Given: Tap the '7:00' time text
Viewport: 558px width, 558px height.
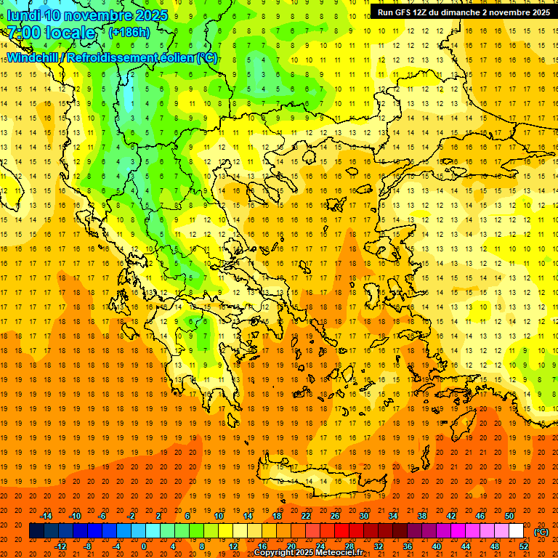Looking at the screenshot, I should tap(23, 33).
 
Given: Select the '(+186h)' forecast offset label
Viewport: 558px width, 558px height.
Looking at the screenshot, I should tap(129, 33).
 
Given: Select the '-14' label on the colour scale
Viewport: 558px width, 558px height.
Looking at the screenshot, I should tap(46, 516).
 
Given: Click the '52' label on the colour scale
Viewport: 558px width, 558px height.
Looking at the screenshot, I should tap(524, 546).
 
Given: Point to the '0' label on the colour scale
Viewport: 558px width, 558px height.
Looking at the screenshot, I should tap(144, 546).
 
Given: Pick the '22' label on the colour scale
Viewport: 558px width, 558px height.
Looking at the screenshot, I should tap(307, 516).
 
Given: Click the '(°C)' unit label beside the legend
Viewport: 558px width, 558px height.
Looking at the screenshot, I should tap(541, 532).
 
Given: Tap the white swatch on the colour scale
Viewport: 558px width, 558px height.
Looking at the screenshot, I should tap(517, 531).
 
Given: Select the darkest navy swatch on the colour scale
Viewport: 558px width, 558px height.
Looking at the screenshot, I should tap(36, 531).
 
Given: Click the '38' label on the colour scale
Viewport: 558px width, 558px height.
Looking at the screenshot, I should tap(422, 516).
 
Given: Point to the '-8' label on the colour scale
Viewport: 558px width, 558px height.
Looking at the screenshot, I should tap(89, 546).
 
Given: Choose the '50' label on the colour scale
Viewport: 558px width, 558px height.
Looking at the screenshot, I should tap(509, 516).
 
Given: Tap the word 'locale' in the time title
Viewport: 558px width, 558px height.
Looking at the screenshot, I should tap(70, 33).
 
